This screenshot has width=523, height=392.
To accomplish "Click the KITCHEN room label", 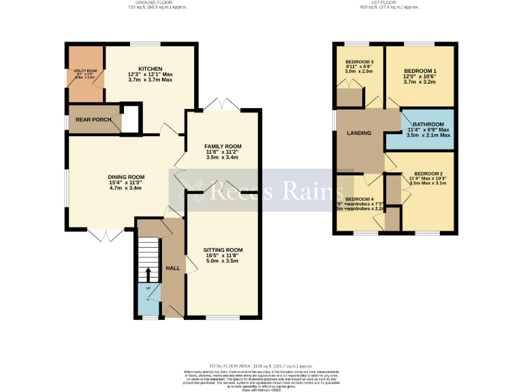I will [x=150, y=69].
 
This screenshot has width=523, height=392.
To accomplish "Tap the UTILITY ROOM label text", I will [x=85, y=71].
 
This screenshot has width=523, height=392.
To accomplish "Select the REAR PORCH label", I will [x=93, y=120].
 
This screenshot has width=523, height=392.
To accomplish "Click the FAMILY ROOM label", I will [x=223, y=146].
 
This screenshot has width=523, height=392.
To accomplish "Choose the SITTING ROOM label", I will [x=223, y=250].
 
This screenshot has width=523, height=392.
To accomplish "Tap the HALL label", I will [x=173, y=268].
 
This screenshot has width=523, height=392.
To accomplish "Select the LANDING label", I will [x=359, y=133].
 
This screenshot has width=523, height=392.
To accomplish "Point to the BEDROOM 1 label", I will [x=420, y=71].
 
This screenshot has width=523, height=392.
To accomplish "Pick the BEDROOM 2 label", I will [x=429, y=174].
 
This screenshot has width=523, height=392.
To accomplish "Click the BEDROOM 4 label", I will [x=360, y=199].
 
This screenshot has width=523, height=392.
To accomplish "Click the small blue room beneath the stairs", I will [x=147, y=299].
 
